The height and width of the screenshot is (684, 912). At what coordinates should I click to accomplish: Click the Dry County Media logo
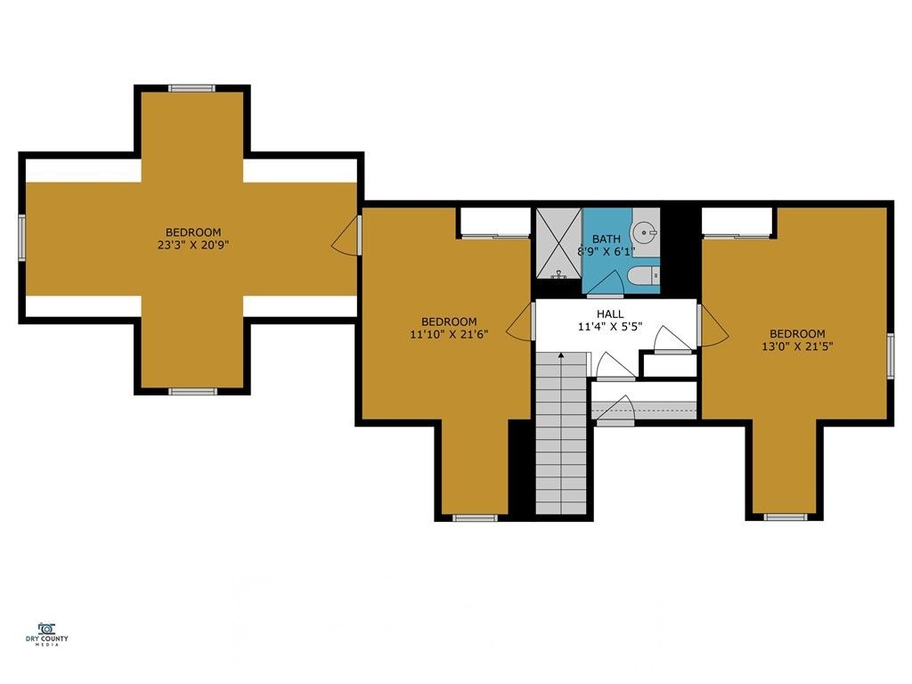tap(53, 633)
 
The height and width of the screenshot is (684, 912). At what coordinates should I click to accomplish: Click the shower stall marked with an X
tap(558, 242)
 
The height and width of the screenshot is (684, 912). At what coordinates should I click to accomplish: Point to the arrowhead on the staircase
tap(561, 355)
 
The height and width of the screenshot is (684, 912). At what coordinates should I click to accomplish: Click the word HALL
tap(610, 313)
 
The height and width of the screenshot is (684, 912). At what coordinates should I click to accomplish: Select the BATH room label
tap(607, 239)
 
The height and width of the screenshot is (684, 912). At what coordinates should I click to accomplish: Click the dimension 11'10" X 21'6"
tap(449, 335)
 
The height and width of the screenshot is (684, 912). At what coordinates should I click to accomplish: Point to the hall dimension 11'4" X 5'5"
tap(610, 327)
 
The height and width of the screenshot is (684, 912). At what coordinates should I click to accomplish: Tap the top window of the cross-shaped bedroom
tap(192, 88)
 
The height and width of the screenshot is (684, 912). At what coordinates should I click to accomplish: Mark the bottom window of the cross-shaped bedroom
tap(192, 391)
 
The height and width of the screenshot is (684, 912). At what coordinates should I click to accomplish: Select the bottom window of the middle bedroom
tap(475, 517)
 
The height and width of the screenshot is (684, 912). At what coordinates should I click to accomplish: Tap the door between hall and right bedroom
tap(712, 327)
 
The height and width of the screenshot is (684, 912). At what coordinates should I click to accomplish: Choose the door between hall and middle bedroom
tap(520, 322)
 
